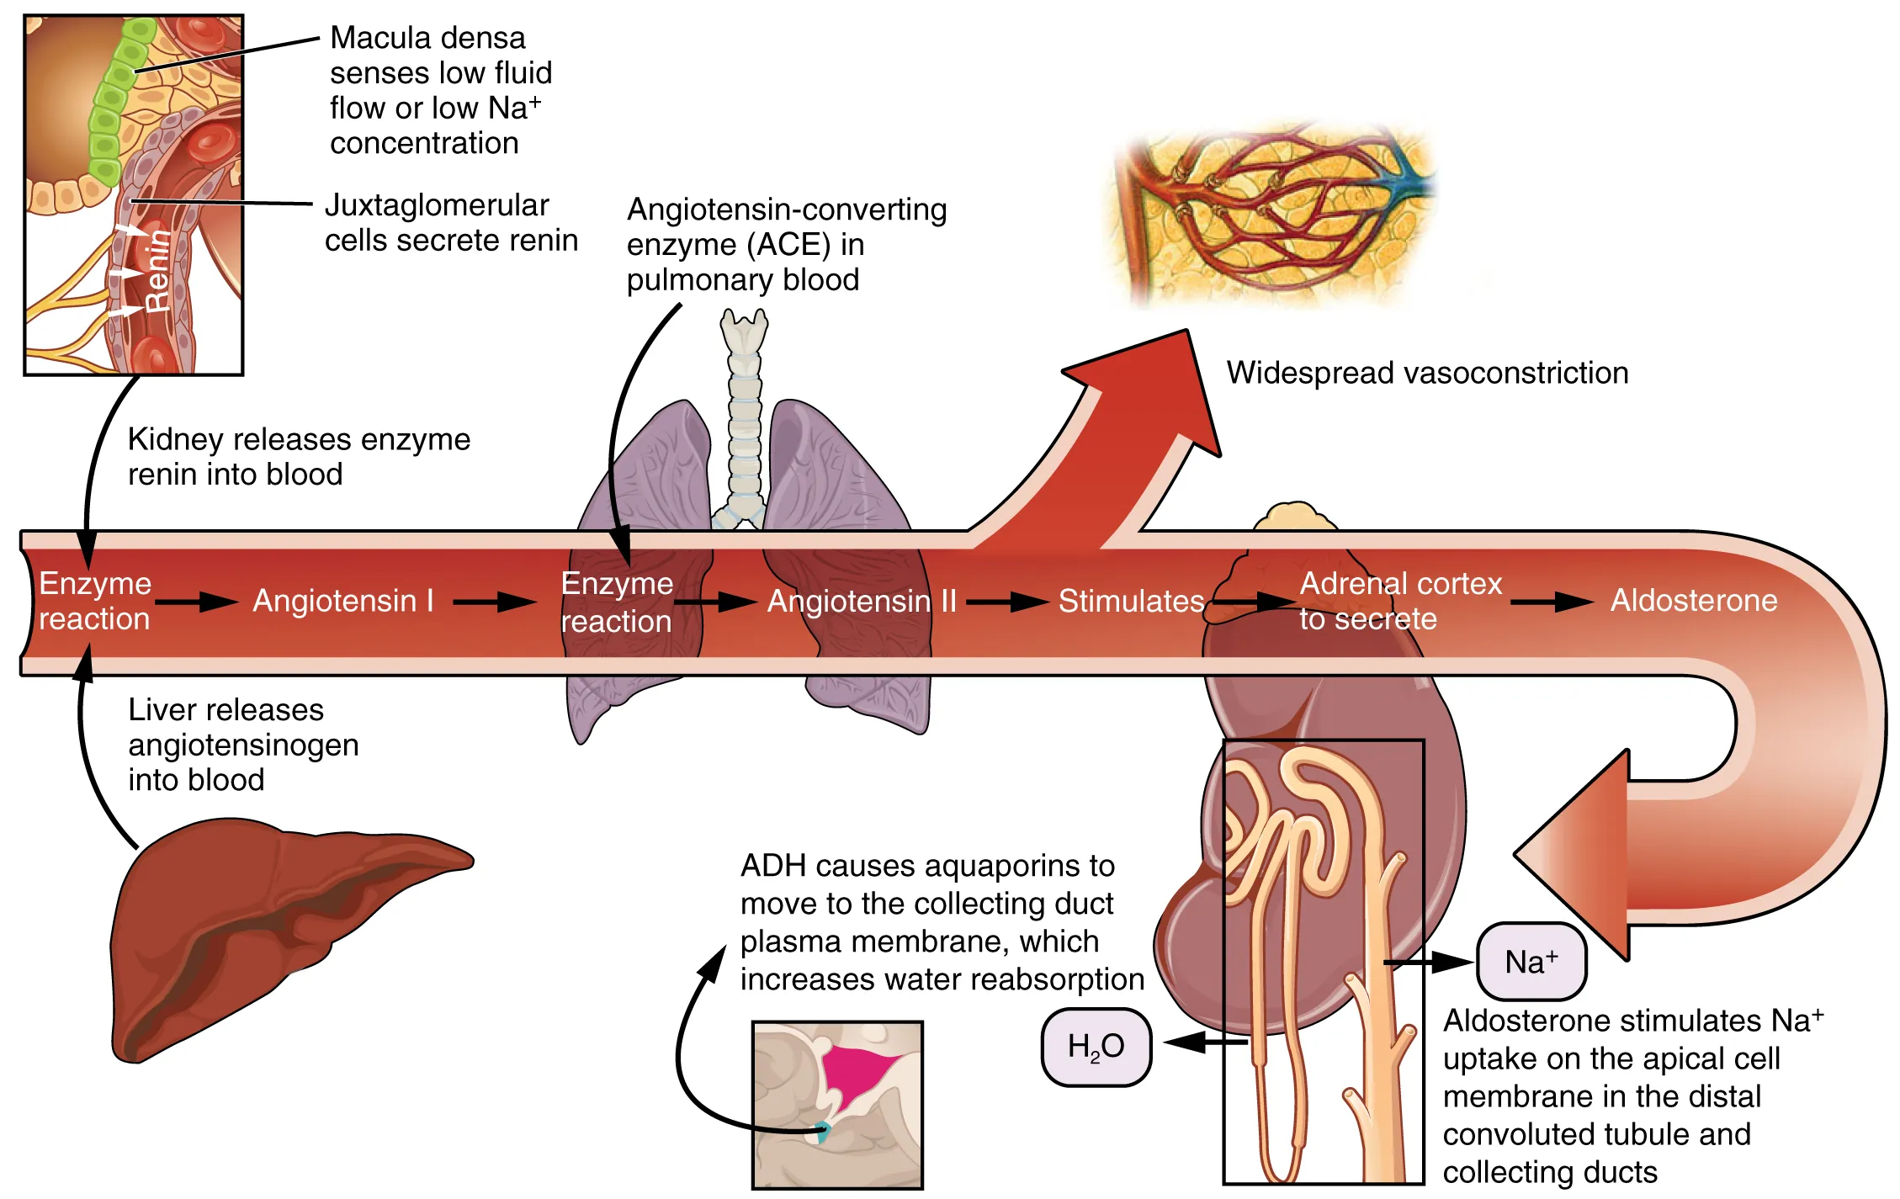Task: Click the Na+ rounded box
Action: [x=1531, y=962]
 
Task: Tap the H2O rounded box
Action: [x=1096, y=1046]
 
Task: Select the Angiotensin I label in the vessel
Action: [x=343, y=601]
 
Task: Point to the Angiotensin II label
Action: [x=862, y=601]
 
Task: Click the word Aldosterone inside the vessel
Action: [x=1693, y=600]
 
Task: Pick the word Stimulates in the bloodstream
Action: [x=1130, y=601]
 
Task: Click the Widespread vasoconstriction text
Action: [x=1426, y=373]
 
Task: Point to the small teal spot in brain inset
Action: [x=822, y=1132]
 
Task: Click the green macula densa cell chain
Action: [x=114, y=101]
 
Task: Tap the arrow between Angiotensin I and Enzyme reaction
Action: [x=495, y=602]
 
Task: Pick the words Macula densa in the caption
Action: [x=427, y=38]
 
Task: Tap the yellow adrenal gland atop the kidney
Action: [x=1294, y=517]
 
